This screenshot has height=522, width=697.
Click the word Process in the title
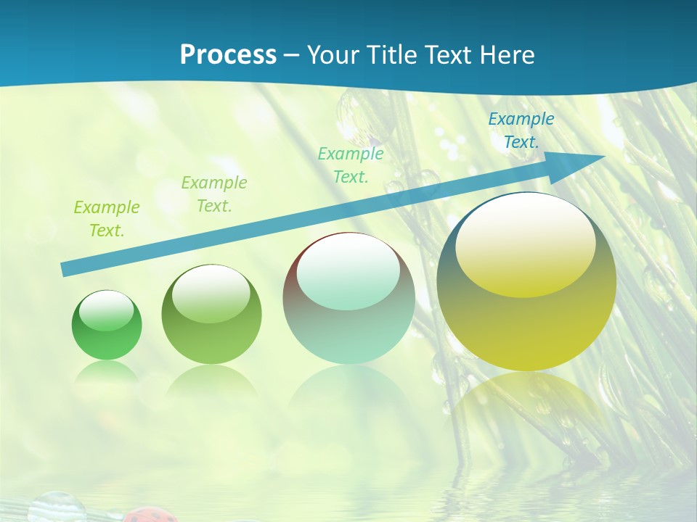click(228, 55)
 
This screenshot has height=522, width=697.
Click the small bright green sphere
click(107, 326)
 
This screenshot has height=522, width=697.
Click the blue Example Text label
click(521, 130)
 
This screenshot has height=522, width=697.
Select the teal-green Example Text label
click(351, 165)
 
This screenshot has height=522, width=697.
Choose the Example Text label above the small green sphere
click(107, 218)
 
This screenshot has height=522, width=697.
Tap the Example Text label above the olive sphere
click(213, 194)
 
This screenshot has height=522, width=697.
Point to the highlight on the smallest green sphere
click(106, 311)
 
